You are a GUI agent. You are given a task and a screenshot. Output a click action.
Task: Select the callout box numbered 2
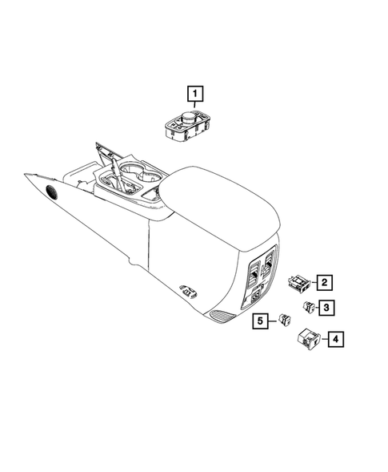[x=324, y=281]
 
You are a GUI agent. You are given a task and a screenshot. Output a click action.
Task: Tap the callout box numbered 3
[x=326, y=307]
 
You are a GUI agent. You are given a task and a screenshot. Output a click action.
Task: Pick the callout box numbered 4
[x=337, y=340]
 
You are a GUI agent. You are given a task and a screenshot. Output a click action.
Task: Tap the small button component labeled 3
[x=309, y=305]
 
